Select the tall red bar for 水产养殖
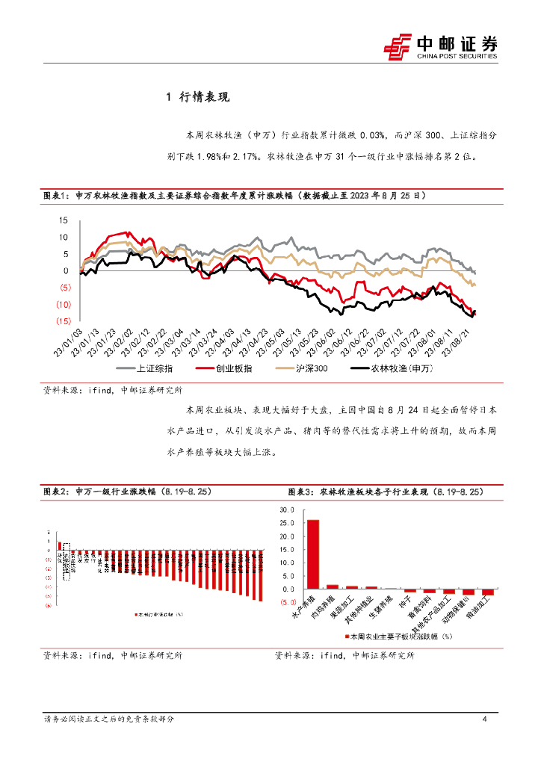(x=313, y=554)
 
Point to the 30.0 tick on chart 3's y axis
(x=288, y=510)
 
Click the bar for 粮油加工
(x=487, y=592)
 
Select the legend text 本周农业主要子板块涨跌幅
(x=401, y=637)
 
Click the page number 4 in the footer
(x=485, y=719)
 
